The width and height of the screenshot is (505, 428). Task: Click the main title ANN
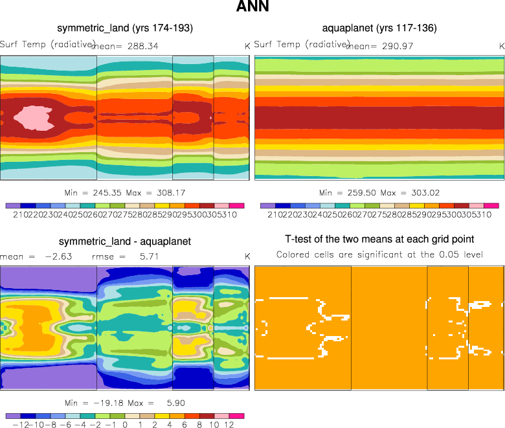pos(252,8)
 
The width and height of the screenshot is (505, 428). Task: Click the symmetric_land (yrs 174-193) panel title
pos(125,28)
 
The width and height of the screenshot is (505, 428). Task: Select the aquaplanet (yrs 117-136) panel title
pos(379,28)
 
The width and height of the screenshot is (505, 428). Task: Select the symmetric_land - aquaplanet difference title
pos(125,242)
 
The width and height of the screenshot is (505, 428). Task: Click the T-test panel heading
pos(379,240)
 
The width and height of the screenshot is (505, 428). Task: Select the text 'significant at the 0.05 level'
pos(427,254)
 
